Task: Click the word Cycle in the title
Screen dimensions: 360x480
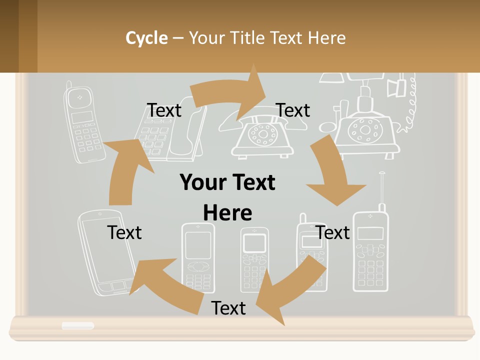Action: tap(146, 38)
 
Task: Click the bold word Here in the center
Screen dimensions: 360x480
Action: tap(227, 213)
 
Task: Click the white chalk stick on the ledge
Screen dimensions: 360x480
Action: tap(77, 326)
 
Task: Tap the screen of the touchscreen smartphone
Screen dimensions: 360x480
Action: tap(107, 250)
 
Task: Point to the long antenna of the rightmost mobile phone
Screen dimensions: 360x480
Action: tap(382, 190)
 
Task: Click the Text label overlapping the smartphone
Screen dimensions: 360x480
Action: tap(124, 232)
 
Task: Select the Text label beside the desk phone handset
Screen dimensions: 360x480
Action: tap(164, 110)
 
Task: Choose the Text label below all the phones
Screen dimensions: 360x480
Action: tap(228, 308)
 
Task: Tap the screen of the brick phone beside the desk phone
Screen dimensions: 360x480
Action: tap(82, 117)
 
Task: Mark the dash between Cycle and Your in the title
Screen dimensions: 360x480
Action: tap(178, 38)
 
